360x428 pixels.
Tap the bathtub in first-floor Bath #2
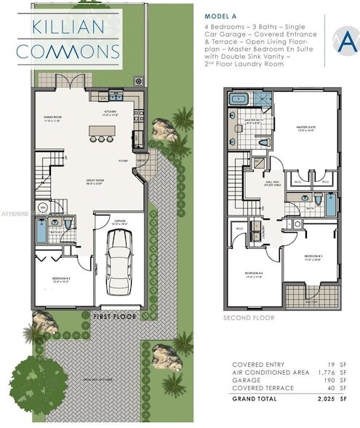(x=41, y=230)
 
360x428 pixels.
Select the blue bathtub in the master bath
(x=239, y=100)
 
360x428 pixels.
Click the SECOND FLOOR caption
(x=249, y=318)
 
